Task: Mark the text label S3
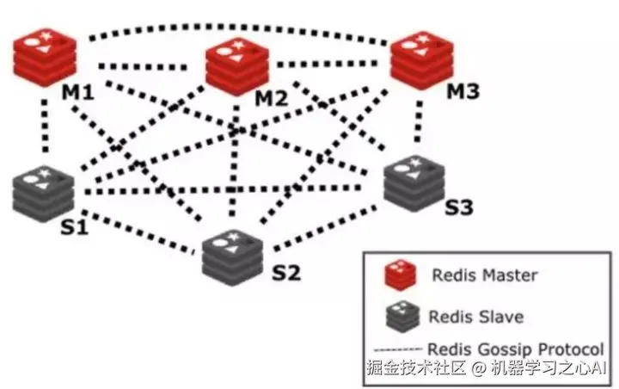pyautogui.click(x=459, y=207)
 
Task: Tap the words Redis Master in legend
pyautogui.click(x=483, y=276)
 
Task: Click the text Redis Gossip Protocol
pyautogui.click(x=515, y=349)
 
